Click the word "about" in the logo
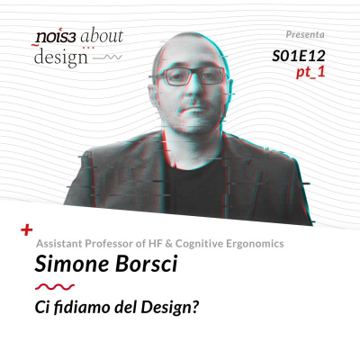tap(102, 35)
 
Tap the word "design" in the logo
tap(61, 58)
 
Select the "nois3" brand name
tap(55, 37)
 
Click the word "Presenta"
tap(305, 34)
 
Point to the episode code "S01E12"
tap(299, 56)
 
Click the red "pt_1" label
tap(310, 72)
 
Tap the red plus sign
tap(27, 230)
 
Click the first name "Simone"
tap(72, 264)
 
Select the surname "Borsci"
tap(147, 264)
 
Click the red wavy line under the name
tap(55, 286)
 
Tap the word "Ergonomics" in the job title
tap(255, 244)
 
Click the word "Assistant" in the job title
tap(59, 243)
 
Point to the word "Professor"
tap(110, 243)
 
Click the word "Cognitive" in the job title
tap(199, 244)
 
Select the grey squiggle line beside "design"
tap(108, 58)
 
